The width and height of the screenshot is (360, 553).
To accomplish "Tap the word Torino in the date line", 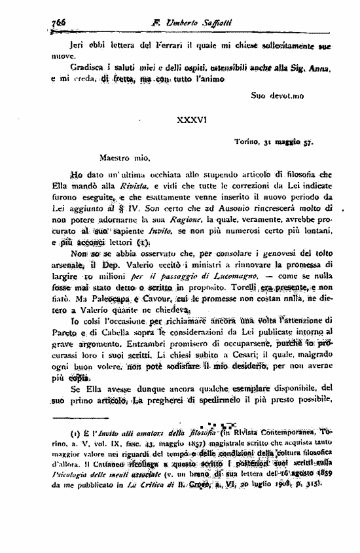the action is (247, 142).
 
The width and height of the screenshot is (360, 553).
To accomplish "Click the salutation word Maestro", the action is (117, 158).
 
